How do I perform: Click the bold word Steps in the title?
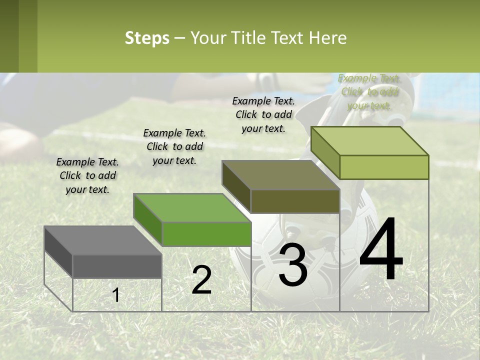pos(147,38)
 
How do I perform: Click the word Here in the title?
pos(328,38)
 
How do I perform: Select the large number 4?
pos(381,249)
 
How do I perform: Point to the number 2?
pos(201,280)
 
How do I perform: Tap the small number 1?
pos(116,295)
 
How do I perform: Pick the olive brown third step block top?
pos(280,175)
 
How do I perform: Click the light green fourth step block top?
pos(370,141)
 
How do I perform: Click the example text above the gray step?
pos(87,175)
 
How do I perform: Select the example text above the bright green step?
pos(174,146)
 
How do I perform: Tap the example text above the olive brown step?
pos(263,114)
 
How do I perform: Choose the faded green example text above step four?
pos(369,91)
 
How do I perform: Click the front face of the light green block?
pos(384,167)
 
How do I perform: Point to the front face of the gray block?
pos(117,266)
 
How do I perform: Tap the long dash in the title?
pos(180,38)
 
